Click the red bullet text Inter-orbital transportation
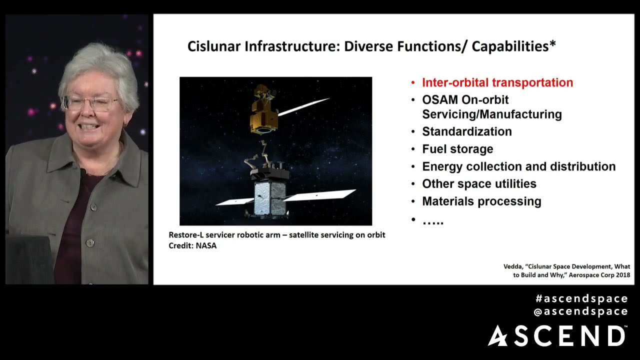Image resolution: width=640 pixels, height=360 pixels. pos(497,82)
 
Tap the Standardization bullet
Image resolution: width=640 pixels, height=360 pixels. pos(466,131)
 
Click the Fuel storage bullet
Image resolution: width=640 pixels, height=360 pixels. pos(457,149)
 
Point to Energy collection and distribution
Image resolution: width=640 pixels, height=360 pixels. pos(518,166)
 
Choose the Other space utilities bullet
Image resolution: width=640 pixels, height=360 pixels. pos(479,183)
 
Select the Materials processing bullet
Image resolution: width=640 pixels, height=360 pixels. pos(481,201)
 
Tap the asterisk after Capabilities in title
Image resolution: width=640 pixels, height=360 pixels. pos(552,44)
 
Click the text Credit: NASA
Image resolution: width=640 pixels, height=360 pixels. pos(192,245)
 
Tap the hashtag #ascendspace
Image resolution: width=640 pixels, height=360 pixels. pos(581,298)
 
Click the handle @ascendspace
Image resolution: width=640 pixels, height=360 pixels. pos(580,311)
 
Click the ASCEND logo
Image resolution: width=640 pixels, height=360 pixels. pos(556,335)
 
